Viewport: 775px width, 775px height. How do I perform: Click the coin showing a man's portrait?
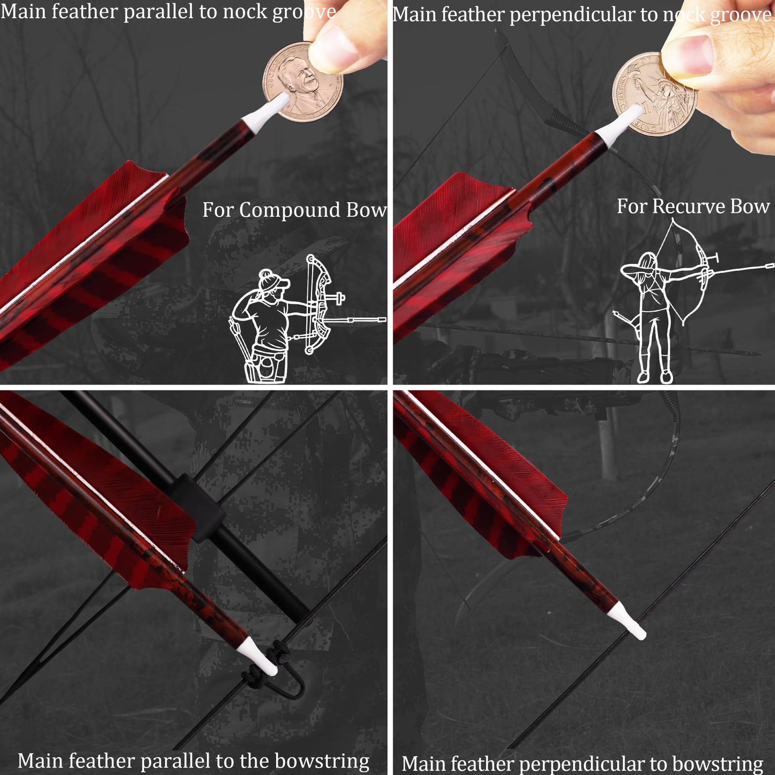(303, 82)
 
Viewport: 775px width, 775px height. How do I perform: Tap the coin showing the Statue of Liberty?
(654, 94)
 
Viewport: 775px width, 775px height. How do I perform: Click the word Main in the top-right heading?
(414, 15)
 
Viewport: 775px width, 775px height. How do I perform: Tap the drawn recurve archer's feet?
(655, 377)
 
